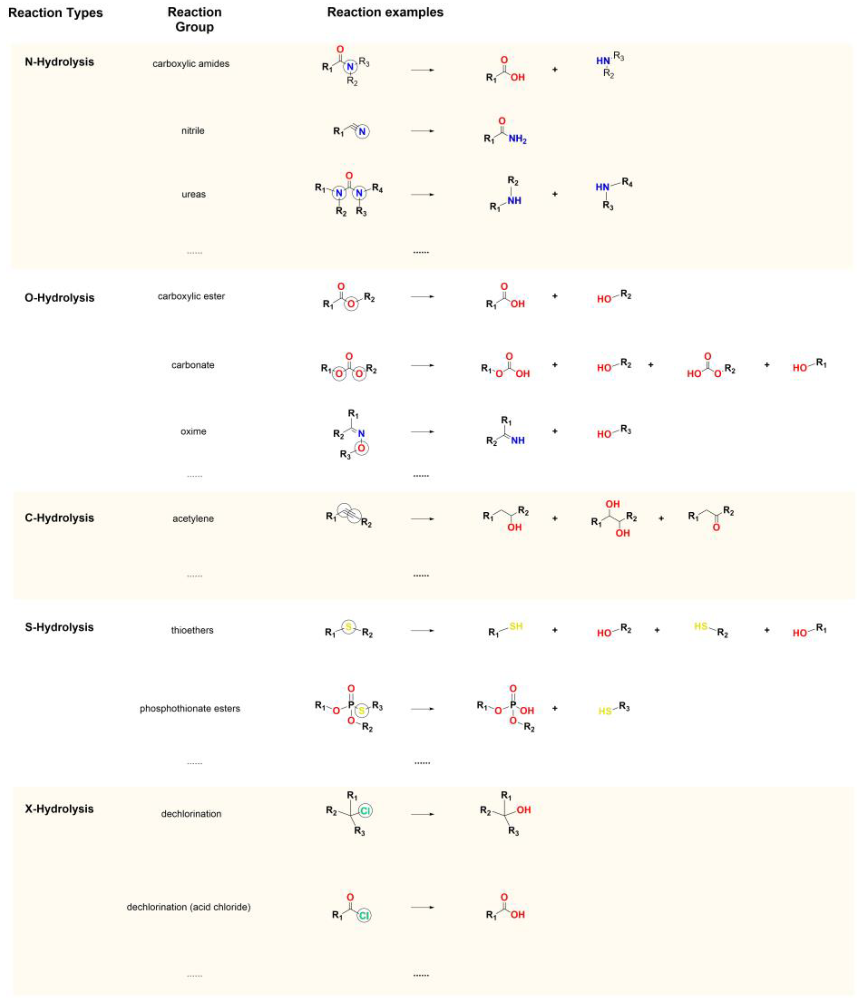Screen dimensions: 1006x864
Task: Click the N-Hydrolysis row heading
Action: tap(59, 62)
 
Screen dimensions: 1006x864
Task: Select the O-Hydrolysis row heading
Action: tap(59, 298)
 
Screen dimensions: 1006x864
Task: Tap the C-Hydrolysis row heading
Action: tap(59, 518)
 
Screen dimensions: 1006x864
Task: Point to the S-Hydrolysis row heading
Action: tap(59, 627)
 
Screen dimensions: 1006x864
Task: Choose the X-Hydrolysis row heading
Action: tap(59, 809)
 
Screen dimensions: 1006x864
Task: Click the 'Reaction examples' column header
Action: tap(385, 12)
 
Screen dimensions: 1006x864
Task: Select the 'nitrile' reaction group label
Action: tap(193, 131)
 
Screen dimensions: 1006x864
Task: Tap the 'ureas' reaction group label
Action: tap(193, 194)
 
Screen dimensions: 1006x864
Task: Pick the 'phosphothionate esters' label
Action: tap(190, 708)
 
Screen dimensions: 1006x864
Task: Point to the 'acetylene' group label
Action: tap(193, 518)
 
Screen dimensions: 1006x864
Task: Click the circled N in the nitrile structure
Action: tap(362, 132)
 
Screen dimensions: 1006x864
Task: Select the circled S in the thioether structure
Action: tap(348, 627)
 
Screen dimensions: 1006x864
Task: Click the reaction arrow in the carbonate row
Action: tap(422, 365)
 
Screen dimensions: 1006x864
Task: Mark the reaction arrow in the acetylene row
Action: tap(422, 518)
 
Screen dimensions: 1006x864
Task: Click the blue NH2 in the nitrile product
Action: tap(518, 139)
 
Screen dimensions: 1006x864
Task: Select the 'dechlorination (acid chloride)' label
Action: tap(189, 907)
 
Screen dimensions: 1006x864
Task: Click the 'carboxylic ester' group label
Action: tap(191, 296)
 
